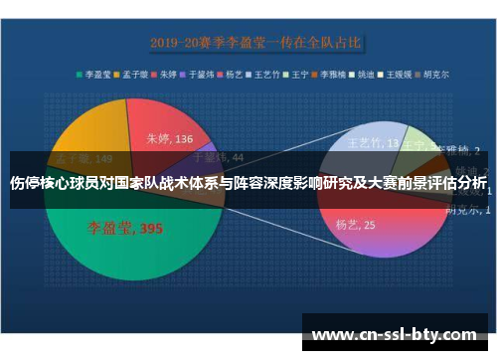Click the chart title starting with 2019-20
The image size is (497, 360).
pyautogui.click(x=256, y=43)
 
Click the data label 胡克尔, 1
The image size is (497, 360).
pyautogui.click(x=463, y=210)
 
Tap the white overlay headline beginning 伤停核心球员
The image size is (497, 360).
pyautogui.click(x=248, y=183)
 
